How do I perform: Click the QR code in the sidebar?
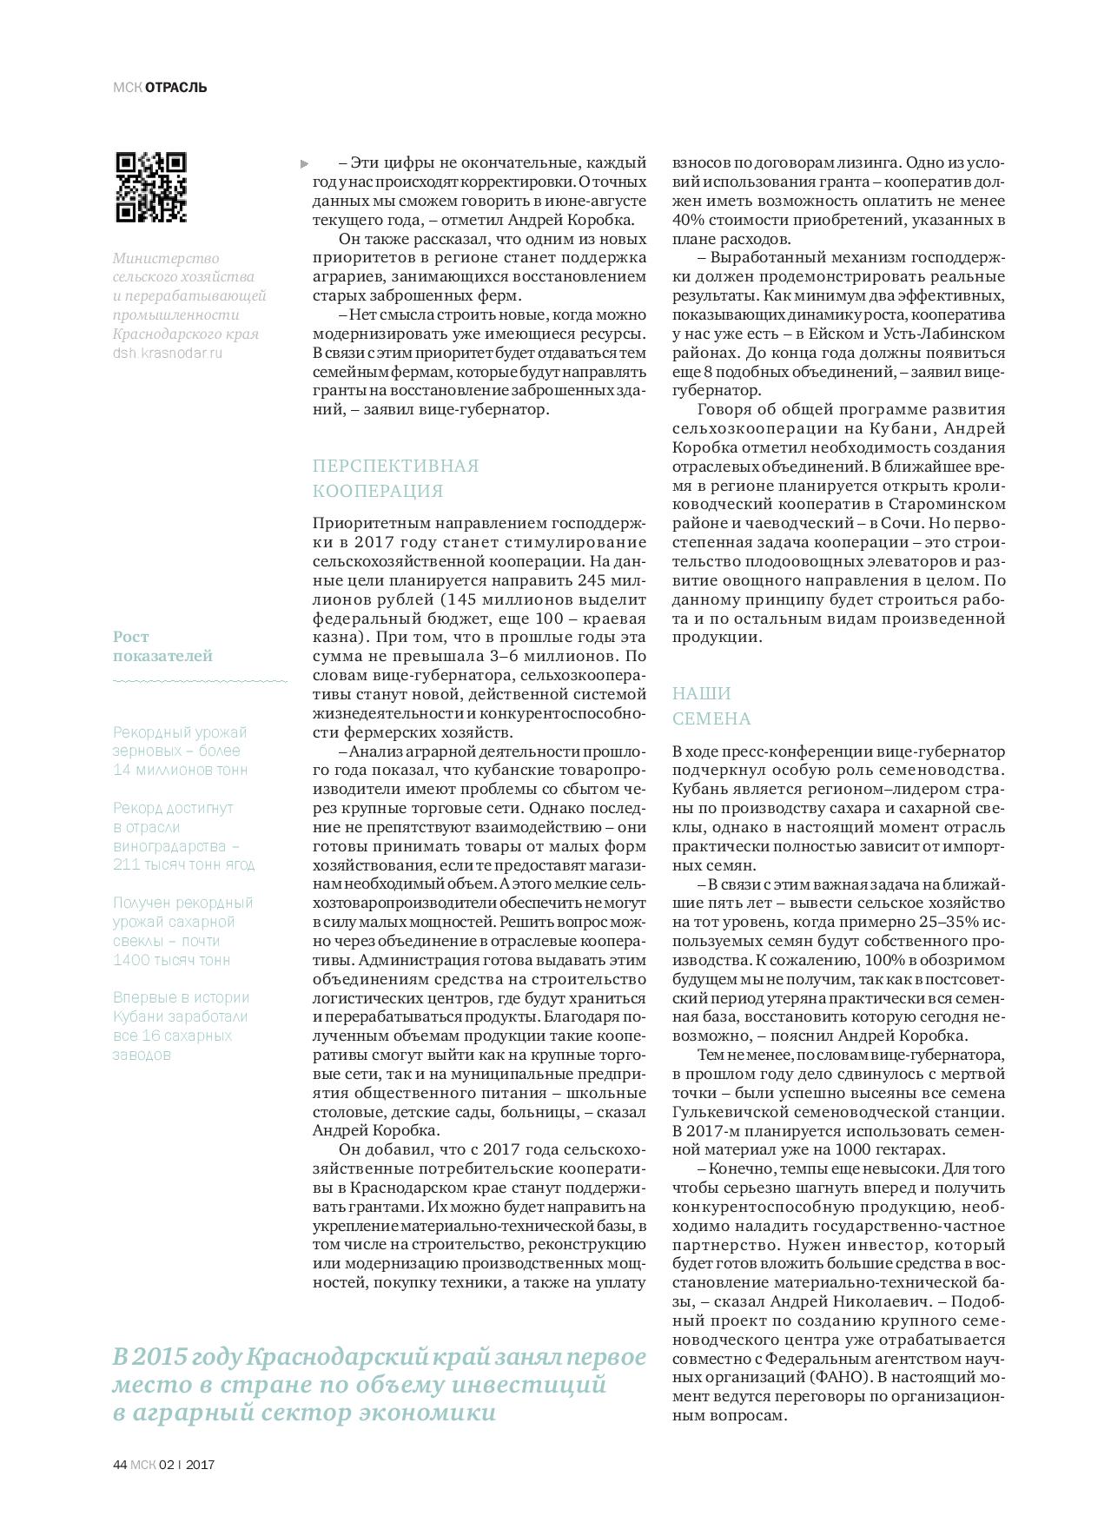click(x=151, y=188)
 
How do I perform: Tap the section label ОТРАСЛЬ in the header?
click(x=176, y=88)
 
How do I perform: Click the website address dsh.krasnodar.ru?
click(x=168, y=353)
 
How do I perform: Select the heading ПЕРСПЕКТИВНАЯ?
click(x=395, y=466)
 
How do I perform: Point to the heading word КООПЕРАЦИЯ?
click(x=378, y=491)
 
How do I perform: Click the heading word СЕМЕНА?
click(x=711, y=718)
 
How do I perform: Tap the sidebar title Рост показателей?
click(x=162, y=646)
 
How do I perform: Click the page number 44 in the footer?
click(x=120, y=1464)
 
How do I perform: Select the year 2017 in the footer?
click(x=201, y=1464)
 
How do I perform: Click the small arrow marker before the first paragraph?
click(x=304, y=163)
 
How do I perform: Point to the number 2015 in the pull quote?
click(x=159, y=1357)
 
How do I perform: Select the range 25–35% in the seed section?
click(x=949, y=923)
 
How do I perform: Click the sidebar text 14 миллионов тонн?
click(x=180, y=770)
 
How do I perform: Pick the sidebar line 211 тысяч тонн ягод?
click(x=183, y=864)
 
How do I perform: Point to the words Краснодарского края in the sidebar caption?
click(x=185, y=334)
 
